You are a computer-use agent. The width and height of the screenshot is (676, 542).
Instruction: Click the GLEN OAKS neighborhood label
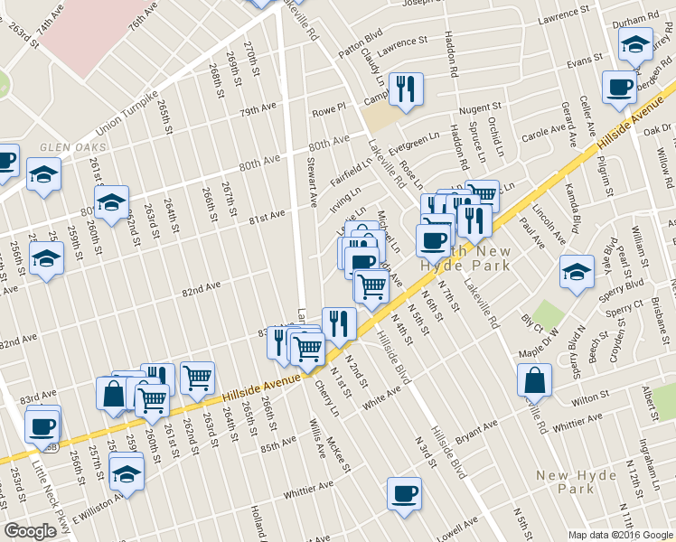[x=73, y=147]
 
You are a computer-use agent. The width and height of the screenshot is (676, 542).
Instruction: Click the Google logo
[x=30, y=531]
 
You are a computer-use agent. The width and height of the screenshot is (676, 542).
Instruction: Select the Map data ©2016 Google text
[x=621, y=535]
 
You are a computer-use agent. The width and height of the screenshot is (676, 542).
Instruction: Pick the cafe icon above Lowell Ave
[x=404, y=493]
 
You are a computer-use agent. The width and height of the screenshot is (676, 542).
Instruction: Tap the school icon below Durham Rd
[x=635, y=42]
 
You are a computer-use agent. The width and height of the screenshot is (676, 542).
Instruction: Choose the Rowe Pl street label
[x=329, y=110]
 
